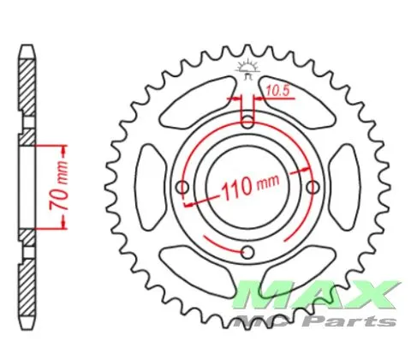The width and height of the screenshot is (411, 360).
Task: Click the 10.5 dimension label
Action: [x=277, y=91]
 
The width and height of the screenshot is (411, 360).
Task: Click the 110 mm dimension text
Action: [x=250, y=186]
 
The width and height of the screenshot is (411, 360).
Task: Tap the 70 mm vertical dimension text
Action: [x=59, y=185]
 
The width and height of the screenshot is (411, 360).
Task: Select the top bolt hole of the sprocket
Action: [x=247, y=122]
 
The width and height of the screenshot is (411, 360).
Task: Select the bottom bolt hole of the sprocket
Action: [x=247, y=253]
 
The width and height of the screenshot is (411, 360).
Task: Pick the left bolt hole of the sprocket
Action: [x=182, y=188]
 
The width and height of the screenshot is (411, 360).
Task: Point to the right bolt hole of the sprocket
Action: [x=313, y=188]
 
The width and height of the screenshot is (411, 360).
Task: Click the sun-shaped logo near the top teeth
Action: [x=247, y=69]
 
